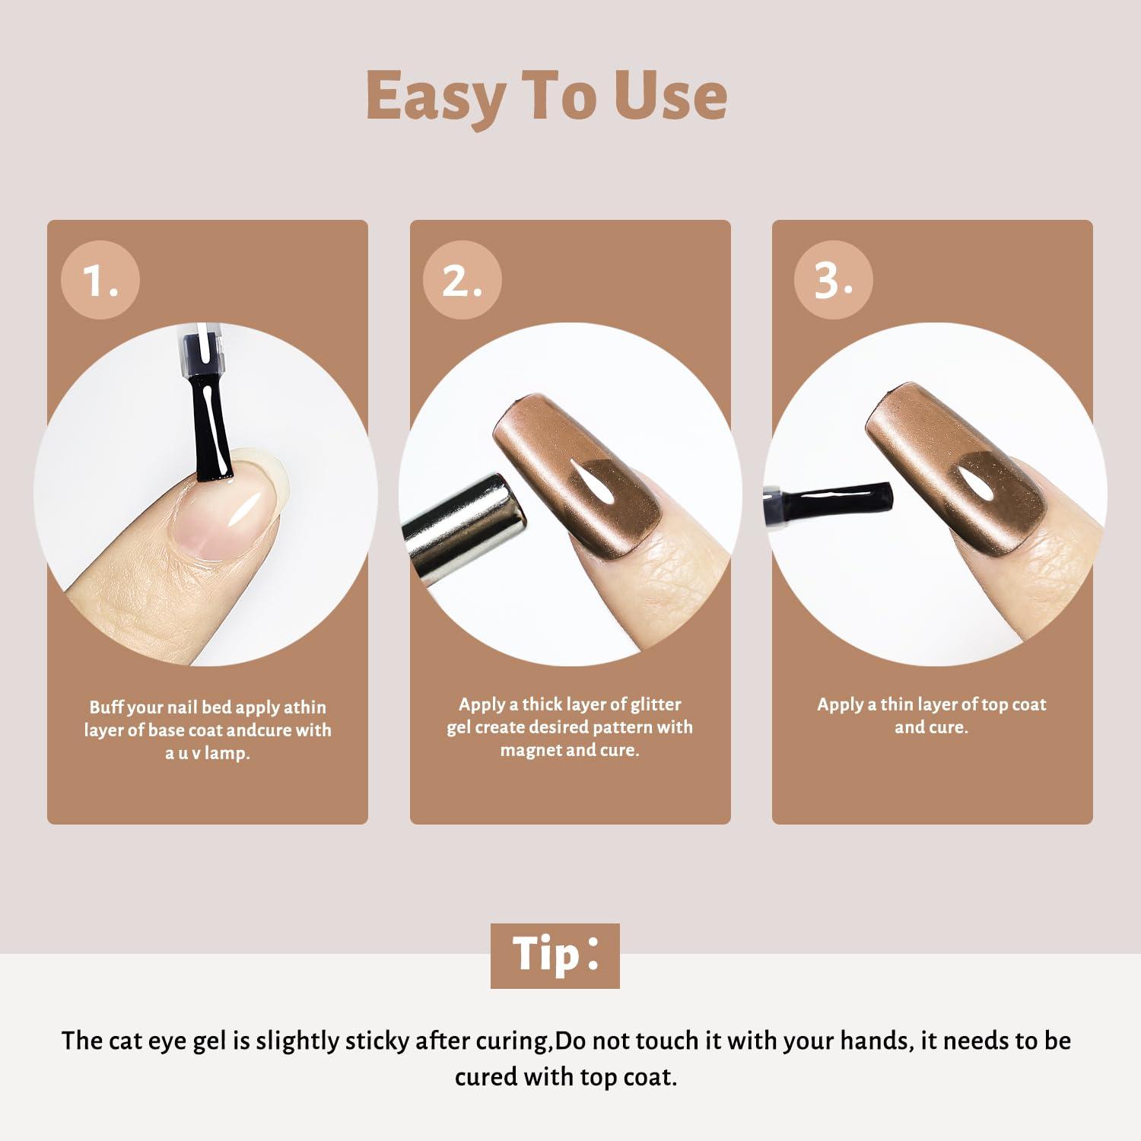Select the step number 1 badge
[x=100, y=280]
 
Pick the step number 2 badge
[x=462, y=280]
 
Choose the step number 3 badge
[x=834, y=280]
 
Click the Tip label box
[x=555, y=955]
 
